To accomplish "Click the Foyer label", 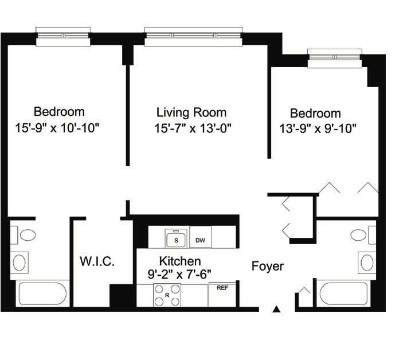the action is click(268, 267).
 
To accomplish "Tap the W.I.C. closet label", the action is click(97, 261).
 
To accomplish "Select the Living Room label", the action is click(191, 112).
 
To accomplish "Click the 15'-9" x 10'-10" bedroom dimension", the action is click(57, 128).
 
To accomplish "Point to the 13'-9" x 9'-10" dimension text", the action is click(318, 128).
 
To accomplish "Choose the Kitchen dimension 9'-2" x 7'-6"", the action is click(179, 275).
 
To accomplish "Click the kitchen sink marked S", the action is click(176, 238).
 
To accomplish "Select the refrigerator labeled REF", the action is click(222, 294).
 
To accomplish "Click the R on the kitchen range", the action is click(167, 296).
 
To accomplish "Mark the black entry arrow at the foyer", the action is click(276, 309).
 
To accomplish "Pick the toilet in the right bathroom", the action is click(363, 235).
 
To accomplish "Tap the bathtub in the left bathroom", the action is click(43, 294).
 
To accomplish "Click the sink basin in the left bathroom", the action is click(19, 263).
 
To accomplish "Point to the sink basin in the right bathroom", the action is click(367, 263).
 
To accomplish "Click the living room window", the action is click(193, 37).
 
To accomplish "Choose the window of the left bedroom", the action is click(63, 37).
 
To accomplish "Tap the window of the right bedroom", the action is click(335, 58).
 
